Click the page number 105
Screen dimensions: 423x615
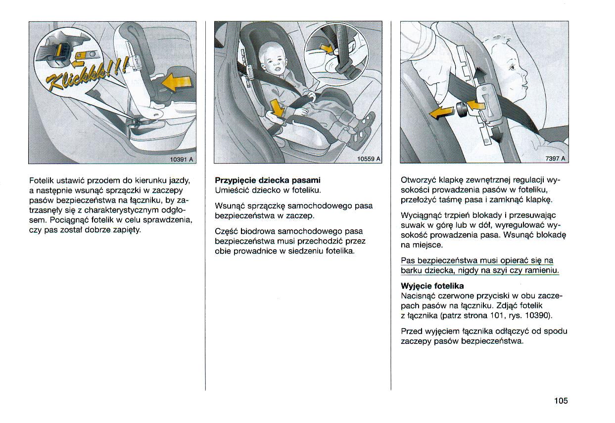click(561, 401)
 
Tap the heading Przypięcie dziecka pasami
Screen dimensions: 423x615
click(268, 180)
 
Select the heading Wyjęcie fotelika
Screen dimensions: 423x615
click(432, 286)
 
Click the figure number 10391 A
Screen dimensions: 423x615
click(182, 159)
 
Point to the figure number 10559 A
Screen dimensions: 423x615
click(369, 159)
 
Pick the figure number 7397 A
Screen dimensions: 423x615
click(555, 159)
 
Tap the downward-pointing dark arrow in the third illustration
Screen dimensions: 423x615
click(497, 134)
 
